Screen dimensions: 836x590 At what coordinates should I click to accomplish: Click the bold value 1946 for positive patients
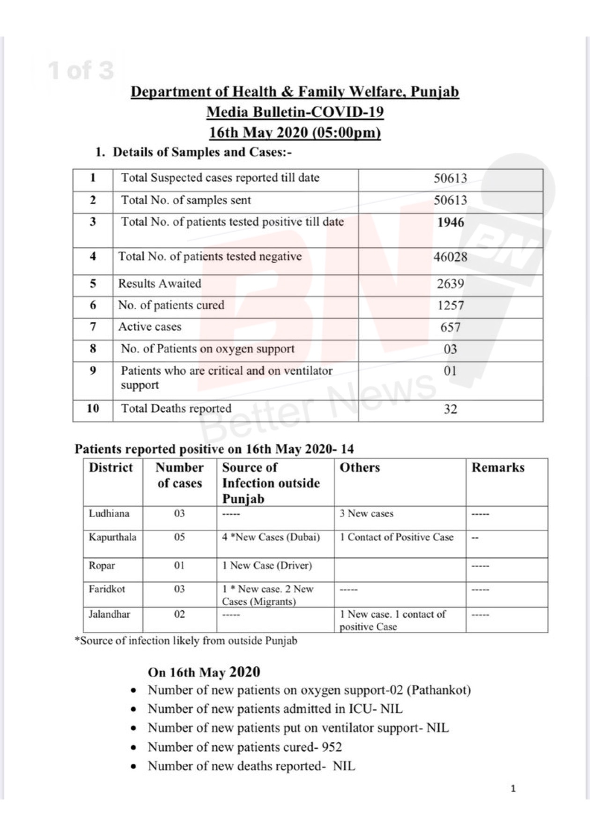(x=450, y=222)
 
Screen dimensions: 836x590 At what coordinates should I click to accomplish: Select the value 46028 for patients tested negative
(x=450, y=257)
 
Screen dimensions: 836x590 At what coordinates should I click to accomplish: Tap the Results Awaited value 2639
(x=450, y=284)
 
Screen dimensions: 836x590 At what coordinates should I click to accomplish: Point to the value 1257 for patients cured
(x=450, y=306)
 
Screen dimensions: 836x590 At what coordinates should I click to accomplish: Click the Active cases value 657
(x=450, y=327)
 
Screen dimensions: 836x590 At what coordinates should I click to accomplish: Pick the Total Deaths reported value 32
(x=450, y=409)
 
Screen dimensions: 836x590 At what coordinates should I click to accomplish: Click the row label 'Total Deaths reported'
(x=176, y=408)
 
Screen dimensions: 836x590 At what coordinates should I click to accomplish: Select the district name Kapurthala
(x=112, y=537)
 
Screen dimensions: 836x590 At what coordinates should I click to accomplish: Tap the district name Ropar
(x=102, y=566)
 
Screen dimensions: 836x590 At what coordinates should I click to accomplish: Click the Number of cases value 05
(x=179, y=537)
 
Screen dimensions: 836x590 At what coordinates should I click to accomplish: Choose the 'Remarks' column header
(x=498, y=467)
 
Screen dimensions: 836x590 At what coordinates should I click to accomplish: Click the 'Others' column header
(x=360, y=467)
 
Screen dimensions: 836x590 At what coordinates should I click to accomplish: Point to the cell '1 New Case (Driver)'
(x=267, y=566)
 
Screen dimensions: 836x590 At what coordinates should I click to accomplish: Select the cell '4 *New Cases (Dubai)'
(x=271, y=537)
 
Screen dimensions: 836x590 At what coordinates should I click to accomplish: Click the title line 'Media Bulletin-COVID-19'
(x=295, y=112)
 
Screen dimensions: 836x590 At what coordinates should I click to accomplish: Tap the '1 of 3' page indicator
(x=81, y=70)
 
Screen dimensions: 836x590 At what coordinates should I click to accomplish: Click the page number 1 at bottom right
(x=513, y=789)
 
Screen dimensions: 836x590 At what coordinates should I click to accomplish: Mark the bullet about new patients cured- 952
(x=244, y=747)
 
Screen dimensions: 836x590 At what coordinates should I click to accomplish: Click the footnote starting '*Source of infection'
(x=186, y=641)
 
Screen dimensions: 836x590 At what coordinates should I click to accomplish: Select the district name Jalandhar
(x=110, y=614)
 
